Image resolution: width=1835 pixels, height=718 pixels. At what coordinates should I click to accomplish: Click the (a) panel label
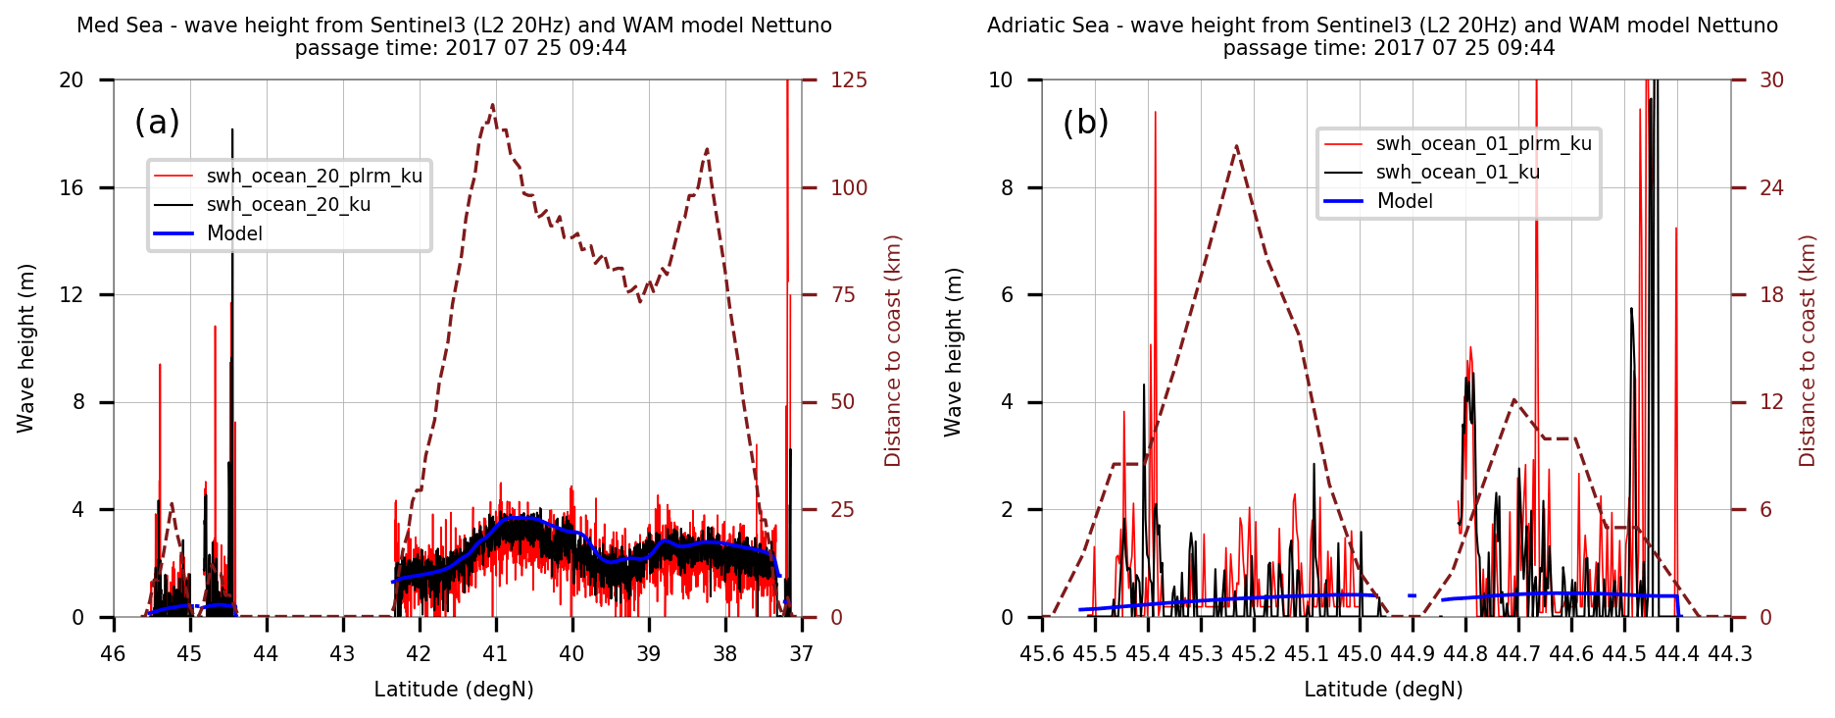click(x=157, y=123)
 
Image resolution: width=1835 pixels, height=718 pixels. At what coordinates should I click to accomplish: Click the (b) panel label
click(x=1085, y=123)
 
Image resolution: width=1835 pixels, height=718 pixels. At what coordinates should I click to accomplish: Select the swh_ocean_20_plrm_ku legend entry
click(x=314, y=177)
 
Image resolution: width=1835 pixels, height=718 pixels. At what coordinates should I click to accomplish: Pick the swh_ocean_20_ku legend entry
click(x=288, y=205)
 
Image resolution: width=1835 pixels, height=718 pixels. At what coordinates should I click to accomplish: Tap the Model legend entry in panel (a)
click(x=234, y=233)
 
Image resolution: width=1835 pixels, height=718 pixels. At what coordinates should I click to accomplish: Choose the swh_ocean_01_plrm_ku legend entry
click(x=1483, y=144)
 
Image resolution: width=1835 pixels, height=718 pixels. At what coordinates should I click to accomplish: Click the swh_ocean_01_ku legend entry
click(x=1458, y=173)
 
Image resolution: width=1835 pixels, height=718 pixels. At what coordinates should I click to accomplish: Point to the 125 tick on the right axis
click(x=849, y=80)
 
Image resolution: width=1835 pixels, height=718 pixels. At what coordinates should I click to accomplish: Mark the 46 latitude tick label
click(x=113, y=654)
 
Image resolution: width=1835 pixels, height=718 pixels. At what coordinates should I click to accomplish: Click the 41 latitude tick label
click(x=495, y=654)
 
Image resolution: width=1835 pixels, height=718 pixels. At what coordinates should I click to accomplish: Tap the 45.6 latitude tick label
click(x=1042, y=654)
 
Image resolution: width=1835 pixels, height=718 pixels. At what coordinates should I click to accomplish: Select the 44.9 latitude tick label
click(x=1413, y=654)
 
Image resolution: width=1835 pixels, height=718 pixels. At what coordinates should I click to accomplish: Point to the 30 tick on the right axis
click(x=1771, y=80)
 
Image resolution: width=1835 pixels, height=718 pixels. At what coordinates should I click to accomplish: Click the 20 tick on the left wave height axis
click(x=72, y=80)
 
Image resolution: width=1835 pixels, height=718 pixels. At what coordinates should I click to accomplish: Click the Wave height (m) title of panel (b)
click(x=953, y=351)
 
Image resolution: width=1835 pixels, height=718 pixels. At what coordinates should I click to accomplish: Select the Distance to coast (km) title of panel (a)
click(x=892, y=351)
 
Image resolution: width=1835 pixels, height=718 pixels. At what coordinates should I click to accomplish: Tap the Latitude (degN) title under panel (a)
click(x=454, y=690)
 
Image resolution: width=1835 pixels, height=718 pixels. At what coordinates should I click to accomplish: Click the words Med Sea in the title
click(x=120, y=26)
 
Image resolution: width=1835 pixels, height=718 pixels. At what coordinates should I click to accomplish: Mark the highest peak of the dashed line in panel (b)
click(x=1237, y=145)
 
